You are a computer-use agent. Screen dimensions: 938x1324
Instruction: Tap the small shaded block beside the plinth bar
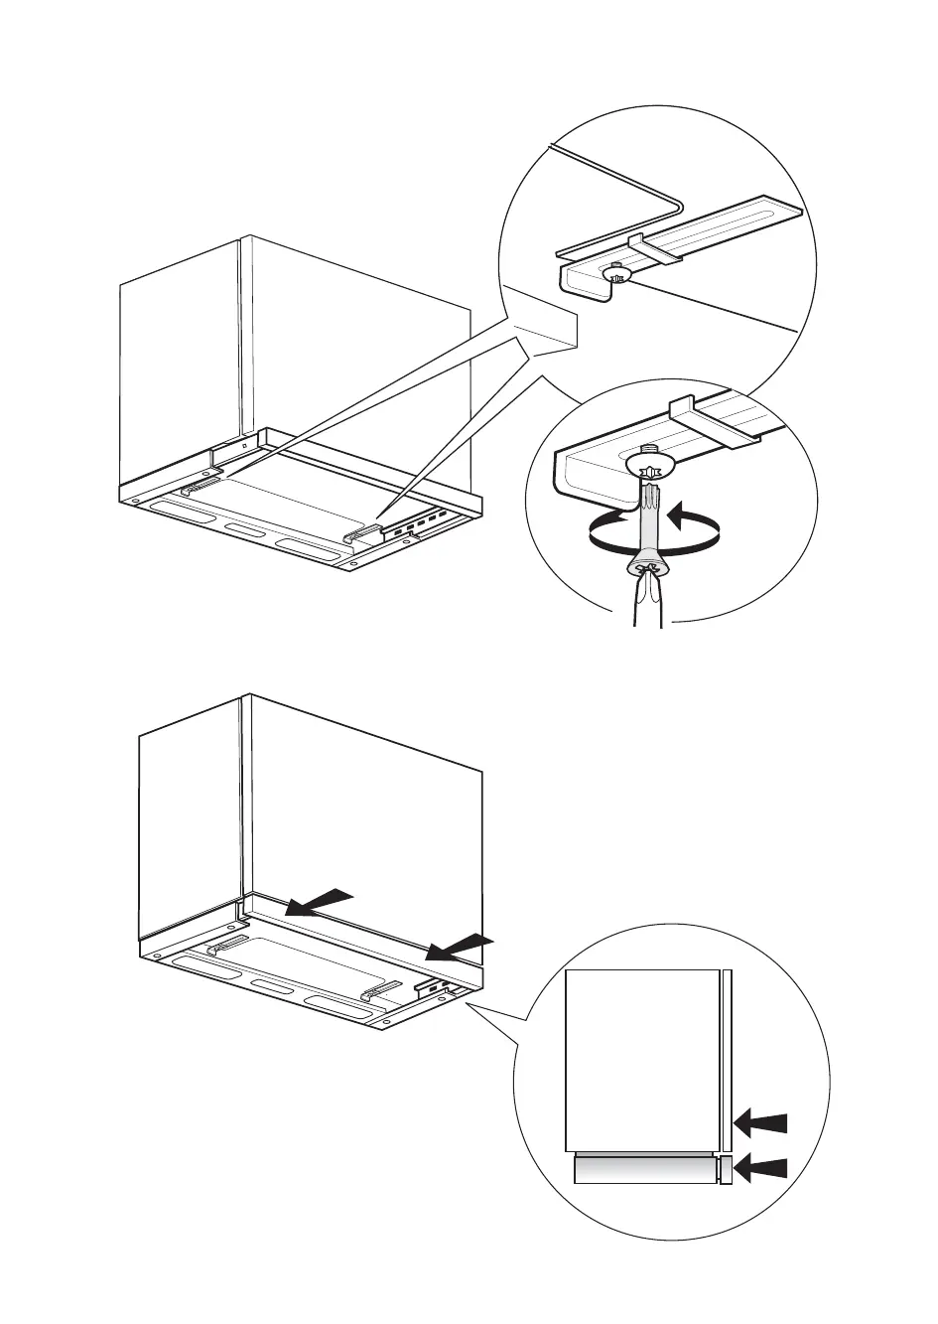(726, 1170)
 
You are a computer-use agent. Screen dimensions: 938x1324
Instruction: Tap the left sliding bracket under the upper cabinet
(201, 486)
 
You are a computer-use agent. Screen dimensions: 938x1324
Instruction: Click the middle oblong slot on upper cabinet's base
(245, 528)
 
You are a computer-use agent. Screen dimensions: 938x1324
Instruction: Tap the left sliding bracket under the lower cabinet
(227, 943)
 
